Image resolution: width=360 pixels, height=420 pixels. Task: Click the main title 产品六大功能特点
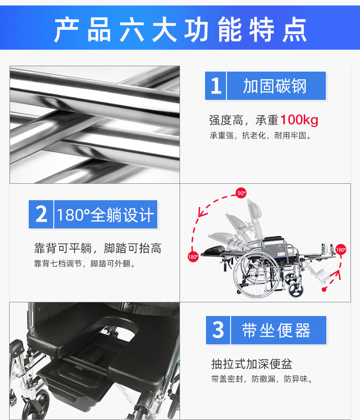[180, 29]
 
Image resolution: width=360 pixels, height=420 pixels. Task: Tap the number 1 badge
[216, 86]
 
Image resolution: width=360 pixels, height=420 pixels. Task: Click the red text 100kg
[299, 120]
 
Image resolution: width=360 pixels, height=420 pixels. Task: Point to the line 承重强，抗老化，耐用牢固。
[261, 135]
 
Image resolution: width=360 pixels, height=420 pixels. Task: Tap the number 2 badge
[41, 214]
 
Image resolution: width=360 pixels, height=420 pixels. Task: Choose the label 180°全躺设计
[105, 214]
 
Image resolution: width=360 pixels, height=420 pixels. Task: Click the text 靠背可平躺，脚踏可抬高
[98, 248]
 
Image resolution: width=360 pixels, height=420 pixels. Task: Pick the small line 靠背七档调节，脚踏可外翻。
[85, 264]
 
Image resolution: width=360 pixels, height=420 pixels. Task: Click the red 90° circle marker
[241, 193]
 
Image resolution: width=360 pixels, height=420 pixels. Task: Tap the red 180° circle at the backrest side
[193, 257]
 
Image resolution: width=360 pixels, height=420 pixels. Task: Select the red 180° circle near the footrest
[341, 249]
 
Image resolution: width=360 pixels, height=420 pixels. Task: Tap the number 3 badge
[218, 330]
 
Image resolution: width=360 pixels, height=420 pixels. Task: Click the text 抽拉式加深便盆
[252, 364]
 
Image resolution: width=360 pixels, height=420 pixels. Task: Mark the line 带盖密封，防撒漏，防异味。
[262, 379]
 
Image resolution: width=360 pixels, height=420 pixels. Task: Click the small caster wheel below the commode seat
[37, 404]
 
